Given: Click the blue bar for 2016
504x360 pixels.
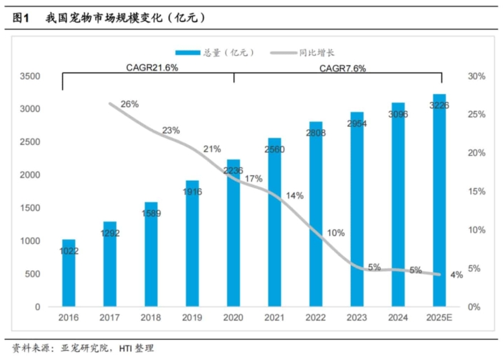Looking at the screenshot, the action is pyautogui.click(x=69, y=273).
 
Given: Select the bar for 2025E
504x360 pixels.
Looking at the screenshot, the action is pyautogui.click(x=439, y=200).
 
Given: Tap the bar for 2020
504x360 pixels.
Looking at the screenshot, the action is pyautogui.click(x=233, y=233).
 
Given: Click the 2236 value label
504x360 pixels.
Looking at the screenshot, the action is pyautogui.click(x=233, y=170).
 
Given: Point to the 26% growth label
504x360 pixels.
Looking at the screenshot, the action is pyautogui.click(x=130, y=104).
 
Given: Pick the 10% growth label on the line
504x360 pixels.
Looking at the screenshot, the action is pyautogui.click(x=336, y=233).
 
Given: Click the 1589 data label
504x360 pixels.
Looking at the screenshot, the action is pyautogui.click(x=151, y=213).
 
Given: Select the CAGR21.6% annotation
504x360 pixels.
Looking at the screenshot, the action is pyautogui.click(x=152, y=67).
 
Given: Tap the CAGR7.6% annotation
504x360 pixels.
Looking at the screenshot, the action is pyautogui.click(x=343, y=69).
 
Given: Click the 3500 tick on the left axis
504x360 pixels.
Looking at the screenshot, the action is pyautogui.click(x=30, y=77).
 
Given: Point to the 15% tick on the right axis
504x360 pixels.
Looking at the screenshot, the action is pyautogui.click(x=476, y=191).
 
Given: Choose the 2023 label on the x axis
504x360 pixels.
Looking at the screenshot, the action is pyautogui.click(x=357, y=318).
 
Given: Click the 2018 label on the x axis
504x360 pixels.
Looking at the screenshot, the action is pyautogui.click(x=151, y=318).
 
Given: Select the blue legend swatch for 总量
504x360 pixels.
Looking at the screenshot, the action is pyautogui.click(x=187, y=52).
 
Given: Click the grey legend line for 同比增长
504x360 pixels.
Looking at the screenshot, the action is pyautogui.click(x=284, y=52).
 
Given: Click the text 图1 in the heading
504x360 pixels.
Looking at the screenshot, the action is pyautogui.click(x=21, y=18).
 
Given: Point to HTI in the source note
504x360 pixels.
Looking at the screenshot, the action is pyautogui.click(x=126, y=349).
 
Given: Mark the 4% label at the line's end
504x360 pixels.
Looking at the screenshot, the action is pyautogui.click(x=456, y=275).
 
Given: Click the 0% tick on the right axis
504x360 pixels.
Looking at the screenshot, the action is pyautogui.click(x=474, y=307).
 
